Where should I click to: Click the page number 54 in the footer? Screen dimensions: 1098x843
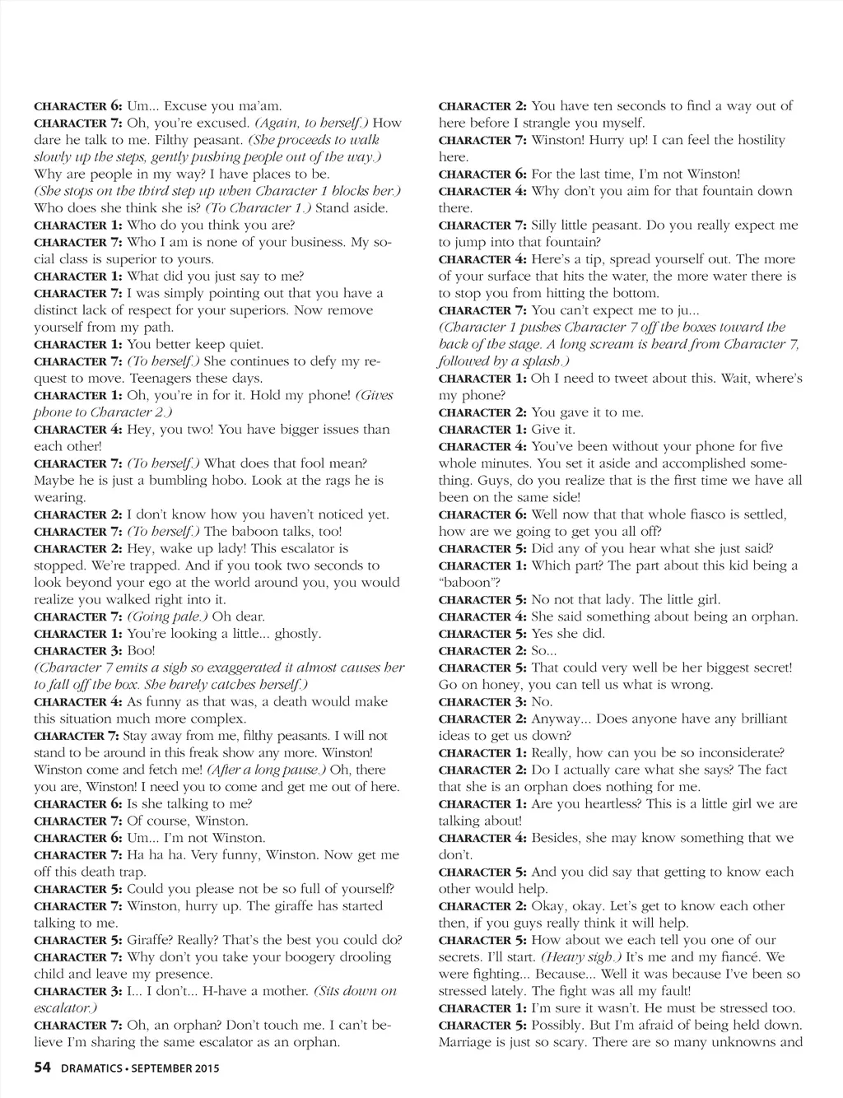pyautogui.click(x=43, y=1068)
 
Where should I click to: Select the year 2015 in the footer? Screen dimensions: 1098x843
pyautogui.click(x=206, y=1069)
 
